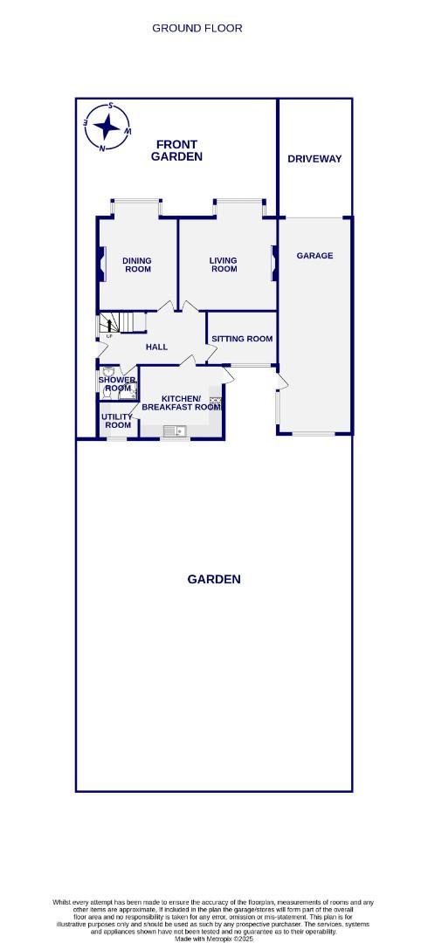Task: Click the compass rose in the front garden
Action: [107, 127]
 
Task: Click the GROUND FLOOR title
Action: [197, 28]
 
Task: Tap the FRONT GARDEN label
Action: [176, 150]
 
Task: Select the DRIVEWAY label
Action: [314, 159]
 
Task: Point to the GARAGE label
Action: [314, 256]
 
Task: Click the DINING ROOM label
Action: [137, 265]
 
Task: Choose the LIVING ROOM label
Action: [224, 265]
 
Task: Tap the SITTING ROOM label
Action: [242, 339]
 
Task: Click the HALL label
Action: [156, 347]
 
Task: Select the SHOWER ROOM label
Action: [117, 384]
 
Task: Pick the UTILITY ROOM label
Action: [117, 421]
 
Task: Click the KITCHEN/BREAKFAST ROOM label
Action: [181, 403]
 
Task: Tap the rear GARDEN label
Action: [214, 579]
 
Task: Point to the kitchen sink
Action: [175, 430]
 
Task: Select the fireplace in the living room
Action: [273, 263]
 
